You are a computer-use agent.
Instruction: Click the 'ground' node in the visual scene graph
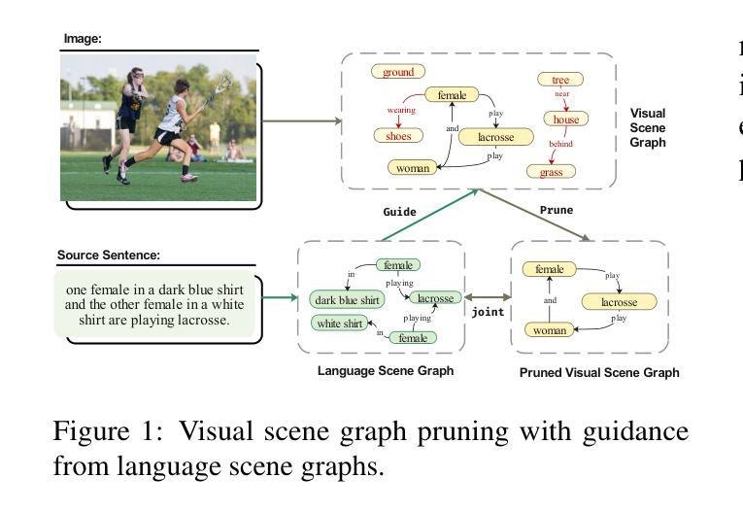[398, 72]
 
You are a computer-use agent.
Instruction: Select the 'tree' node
[560, 79]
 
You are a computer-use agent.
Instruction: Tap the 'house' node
[566, 119]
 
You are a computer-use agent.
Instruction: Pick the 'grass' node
[551, 172]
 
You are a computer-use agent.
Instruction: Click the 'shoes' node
[398, 136]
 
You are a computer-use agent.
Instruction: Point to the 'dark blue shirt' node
[347, 300]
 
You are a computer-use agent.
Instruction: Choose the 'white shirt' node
[339, 324]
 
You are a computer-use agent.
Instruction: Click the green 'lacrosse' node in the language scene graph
[435, 297]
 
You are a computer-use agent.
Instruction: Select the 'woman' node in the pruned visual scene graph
[549, 330]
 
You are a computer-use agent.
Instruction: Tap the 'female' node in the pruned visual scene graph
[549, 269]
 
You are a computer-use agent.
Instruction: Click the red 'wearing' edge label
[401, 110]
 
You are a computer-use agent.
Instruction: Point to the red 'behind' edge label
[560, 143]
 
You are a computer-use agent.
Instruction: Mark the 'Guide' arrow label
[399, 212]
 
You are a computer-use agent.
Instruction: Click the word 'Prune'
[557, 210]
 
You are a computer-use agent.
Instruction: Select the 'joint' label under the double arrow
[488, 312]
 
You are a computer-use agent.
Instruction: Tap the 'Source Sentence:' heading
[109, 256]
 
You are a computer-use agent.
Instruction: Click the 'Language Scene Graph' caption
[386, 371]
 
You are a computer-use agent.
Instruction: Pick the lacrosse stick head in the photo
[223, 85]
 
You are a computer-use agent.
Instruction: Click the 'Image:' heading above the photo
[83, 39]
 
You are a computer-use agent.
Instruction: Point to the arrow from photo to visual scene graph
[302, 120]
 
